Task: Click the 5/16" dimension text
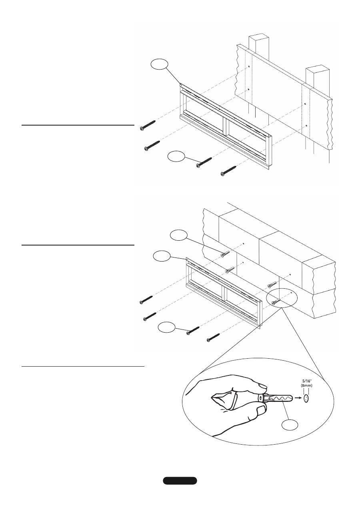coord(306,381)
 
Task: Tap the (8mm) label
coord(306,385)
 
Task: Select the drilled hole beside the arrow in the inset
coord(306,398)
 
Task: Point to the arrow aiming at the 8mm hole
coord(297,398)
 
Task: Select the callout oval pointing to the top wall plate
coord(160,64)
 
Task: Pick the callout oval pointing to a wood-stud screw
coord(176,157)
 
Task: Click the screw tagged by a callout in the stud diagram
coord(204,163)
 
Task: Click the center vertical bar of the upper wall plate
coord(225,127)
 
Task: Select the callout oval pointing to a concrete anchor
coord(179,236)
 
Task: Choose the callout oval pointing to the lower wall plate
coord(162,256)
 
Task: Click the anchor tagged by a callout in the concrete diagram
coord(225,254)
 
